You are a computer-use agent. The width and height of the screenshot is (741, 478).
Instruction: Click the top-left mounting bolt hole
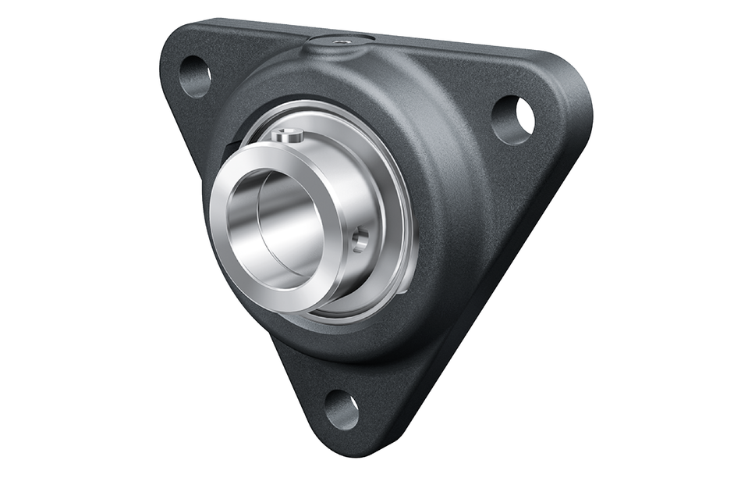pyautogui.click(x=195, y=77)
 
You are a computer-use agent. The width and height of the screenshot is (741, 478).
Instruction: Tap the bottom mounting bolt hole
pyautogui.click(x=342, y=408)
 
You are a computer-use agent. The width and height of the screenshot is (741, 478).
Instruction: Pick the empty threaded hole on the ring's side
pyautogui.click(x=359, y=241)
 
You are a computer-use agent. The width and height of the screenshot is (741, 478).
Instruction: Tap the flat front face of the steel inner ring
pyautogui.click(x=234, y=266)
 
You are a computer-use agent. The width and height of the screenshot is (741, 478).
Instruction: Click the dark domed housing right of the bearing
pyautogui.click(x=452, y=195)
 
